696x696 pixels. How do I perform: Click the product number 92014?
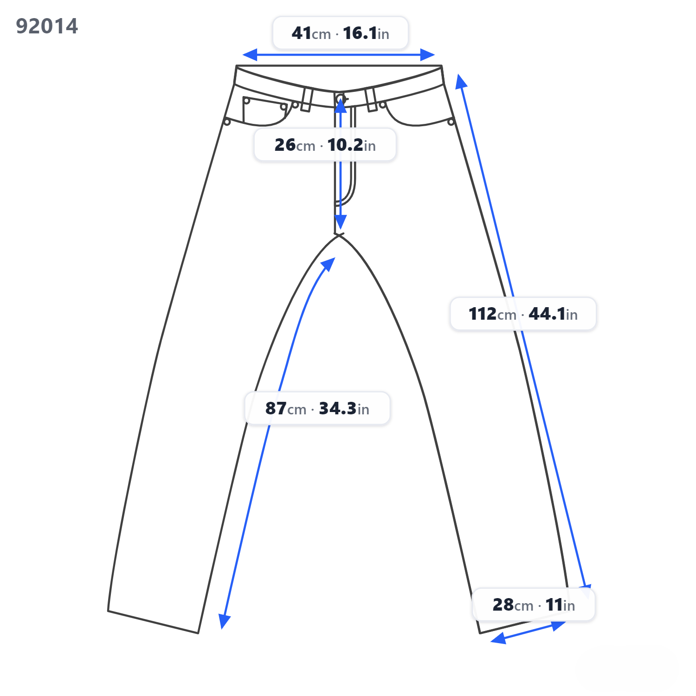coord(47,26)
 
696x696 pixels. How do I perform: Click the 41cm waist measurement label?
coord(340,33)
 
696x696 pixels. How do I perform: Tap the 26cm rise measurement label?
coord(325,145)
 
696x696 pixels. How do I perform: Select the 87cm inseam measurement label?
coord(317,408)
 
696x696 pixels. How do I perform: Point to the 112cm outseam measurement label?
coord(523,314)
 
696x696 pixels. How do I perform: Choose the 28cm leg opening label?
coord(534,605)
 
